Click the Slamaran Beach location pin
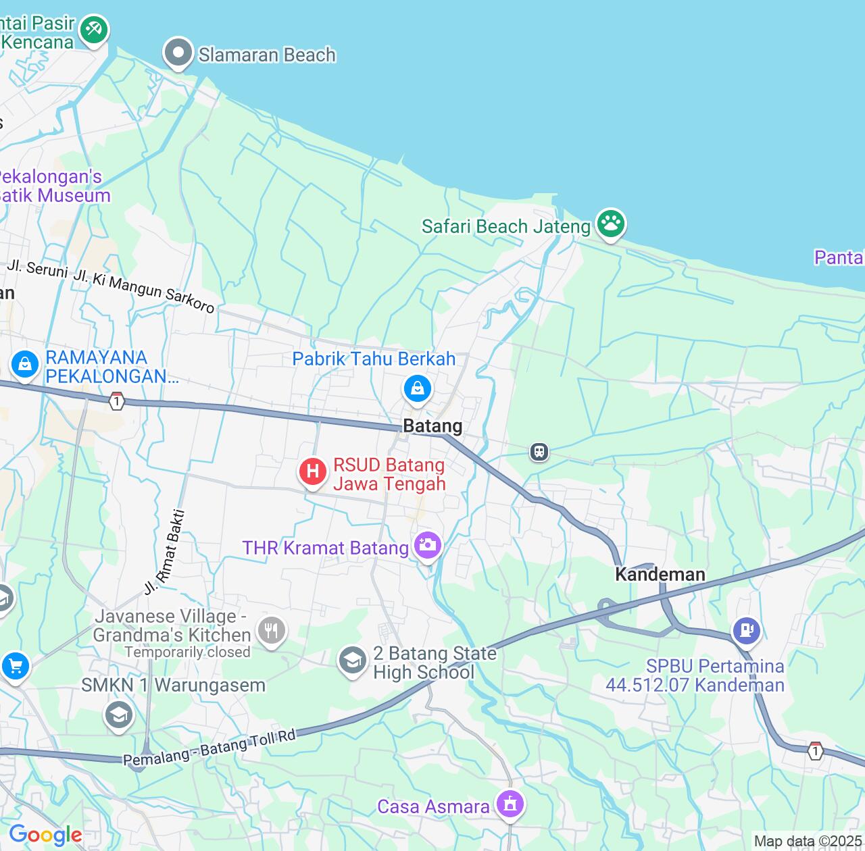178,53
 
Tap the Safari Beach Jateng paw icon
611,224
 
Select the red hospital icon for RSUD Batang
313,471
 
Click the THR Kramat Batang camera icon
427,545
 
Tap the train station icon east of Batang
539,451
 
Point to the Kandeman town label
660,574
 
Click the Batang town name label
432,425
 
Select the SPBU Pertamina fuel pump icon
746,630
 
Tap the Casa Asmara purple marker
510,803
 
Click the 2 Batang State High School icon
352,660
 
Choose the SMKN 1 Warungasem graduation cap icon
119,714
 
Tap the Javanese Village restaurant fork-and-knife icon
271,630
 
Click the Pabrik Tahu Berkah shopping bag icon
417,388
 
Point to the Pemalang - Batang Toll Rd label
209,748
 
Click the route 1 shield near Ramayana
117,401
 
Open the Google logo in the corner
45,835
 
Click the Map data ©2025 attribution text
808,842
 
